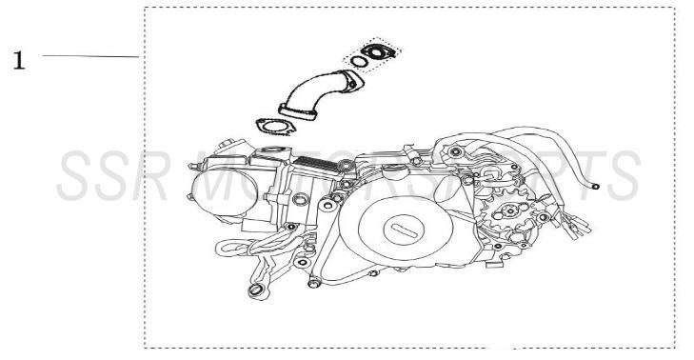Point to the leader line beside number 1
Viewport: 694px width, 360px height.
pos(90,56)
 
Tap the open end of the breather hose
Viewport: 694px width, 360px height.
pos(595,188)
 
